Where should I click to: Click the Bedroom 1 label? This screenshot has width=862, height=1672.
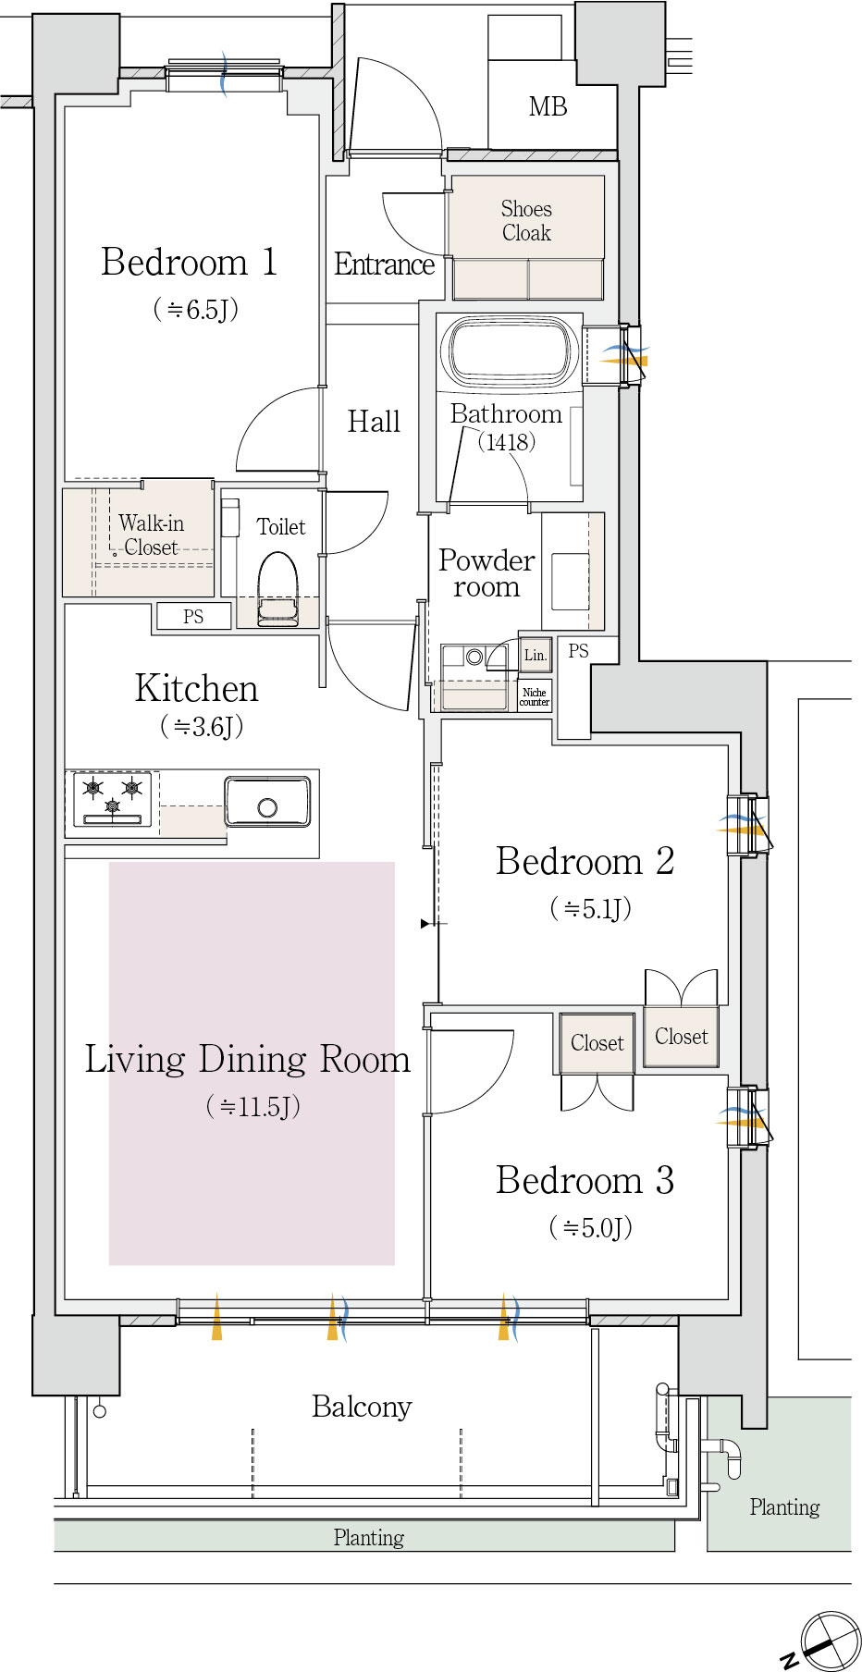(189, 262)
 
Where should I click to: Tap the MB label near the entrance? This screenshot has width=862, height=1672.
(548, 107)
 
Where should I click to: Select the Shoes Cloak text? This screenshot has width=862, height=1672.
(526, 221)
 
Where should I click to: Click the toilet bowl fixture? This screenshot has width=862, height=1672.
(277, 590)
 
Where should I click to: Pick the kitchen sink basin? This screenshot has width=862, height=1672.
(267, 801)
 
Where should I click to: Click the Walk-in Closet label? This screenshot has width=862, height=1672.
(151, 535)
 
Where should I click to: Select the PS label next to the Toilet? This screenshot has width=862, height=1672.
(193, 617)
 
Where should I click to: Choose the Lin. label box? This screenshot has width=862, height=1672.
(536, 655)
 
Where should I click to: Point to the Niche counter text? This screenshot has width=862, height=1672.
(535, 697)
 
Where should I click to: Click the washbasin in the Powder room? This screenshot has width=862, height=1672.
(570, 581)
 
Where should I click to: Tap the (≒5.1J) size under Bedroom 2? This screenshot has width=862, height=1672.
(591, 908)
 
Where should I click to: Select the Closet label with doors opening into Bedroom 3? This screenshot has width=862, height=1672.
(597, 1043)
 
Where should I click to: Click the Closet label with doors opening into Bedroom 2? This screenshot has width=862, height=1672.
(682, 1037)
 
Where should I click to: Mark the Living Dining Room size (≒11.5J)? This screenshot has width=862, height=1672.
(253, 1106)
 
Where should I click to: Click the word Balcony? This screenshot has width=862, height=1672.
(362, 1407)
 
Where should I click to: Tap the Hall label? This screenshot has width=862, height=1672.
(374, 422)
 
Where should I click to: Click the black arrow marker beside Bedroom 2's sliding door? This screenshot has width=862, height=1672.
(425, 923)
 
